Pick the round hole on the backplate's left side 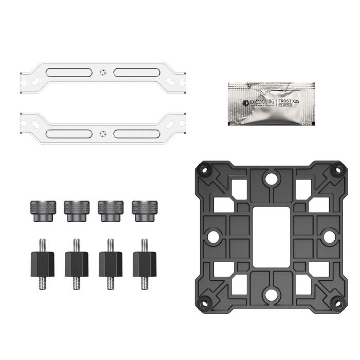211,236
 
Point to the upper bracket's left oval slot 67,73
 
